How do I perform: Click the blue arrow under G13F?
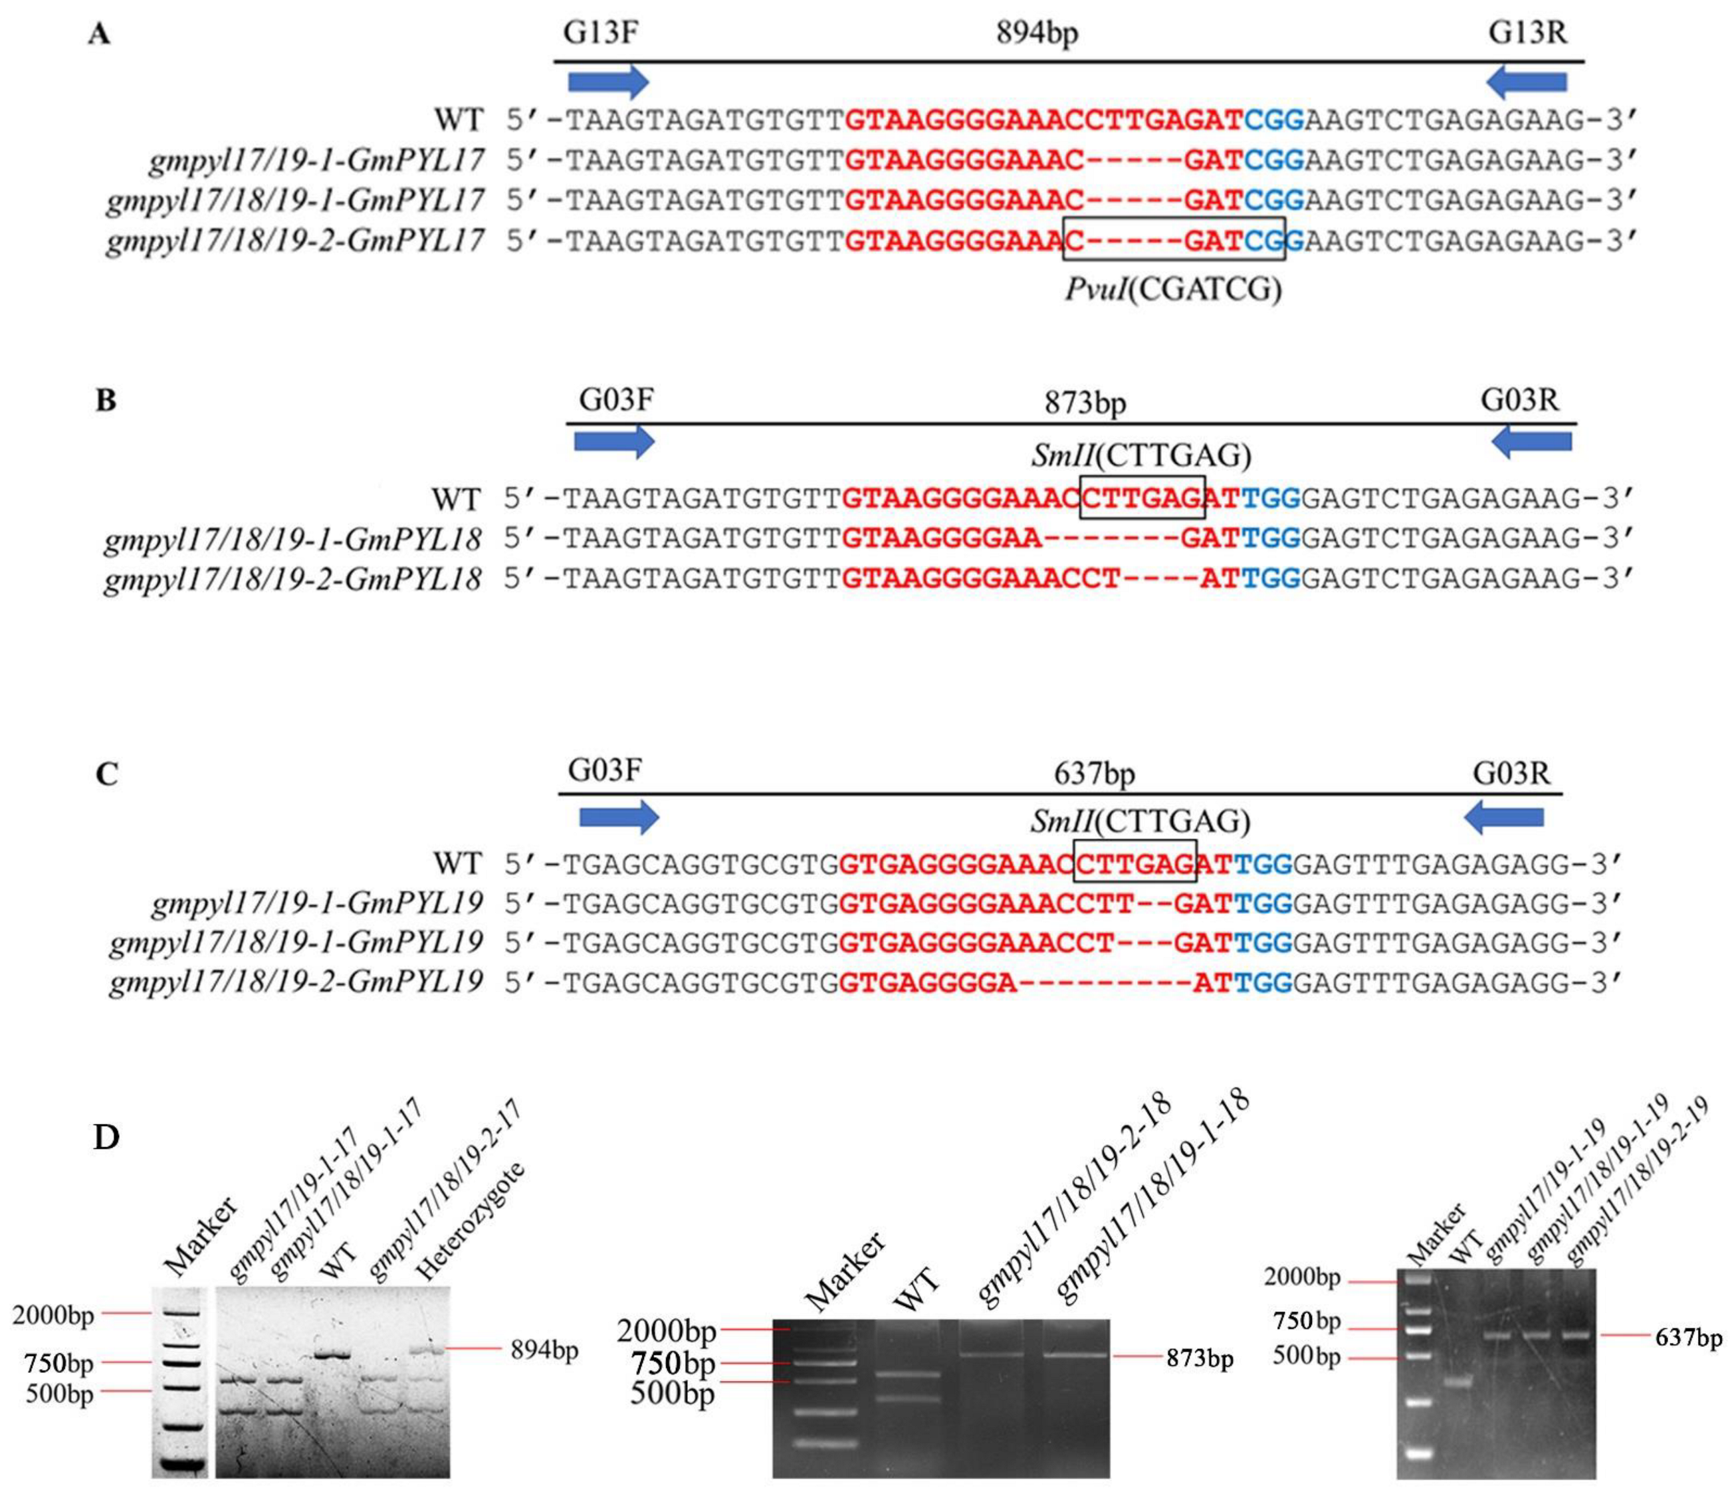point(608,81)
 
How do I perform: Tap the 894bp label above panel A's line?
point(1037,33)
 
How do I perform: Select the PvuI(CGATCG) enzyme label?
point(1173,290)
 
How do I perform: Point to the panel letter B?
point(106,401)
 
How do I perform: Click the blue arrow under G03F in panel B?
point(613,441)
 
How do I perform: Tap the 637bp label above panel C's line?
point(1094,773)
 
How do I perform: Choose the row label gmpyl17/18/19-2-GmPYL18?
point(292,579)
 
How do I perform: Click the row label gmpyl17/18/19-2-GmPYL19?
point(296,981)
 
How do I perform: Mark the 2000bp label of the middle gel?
point(666,1329)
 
